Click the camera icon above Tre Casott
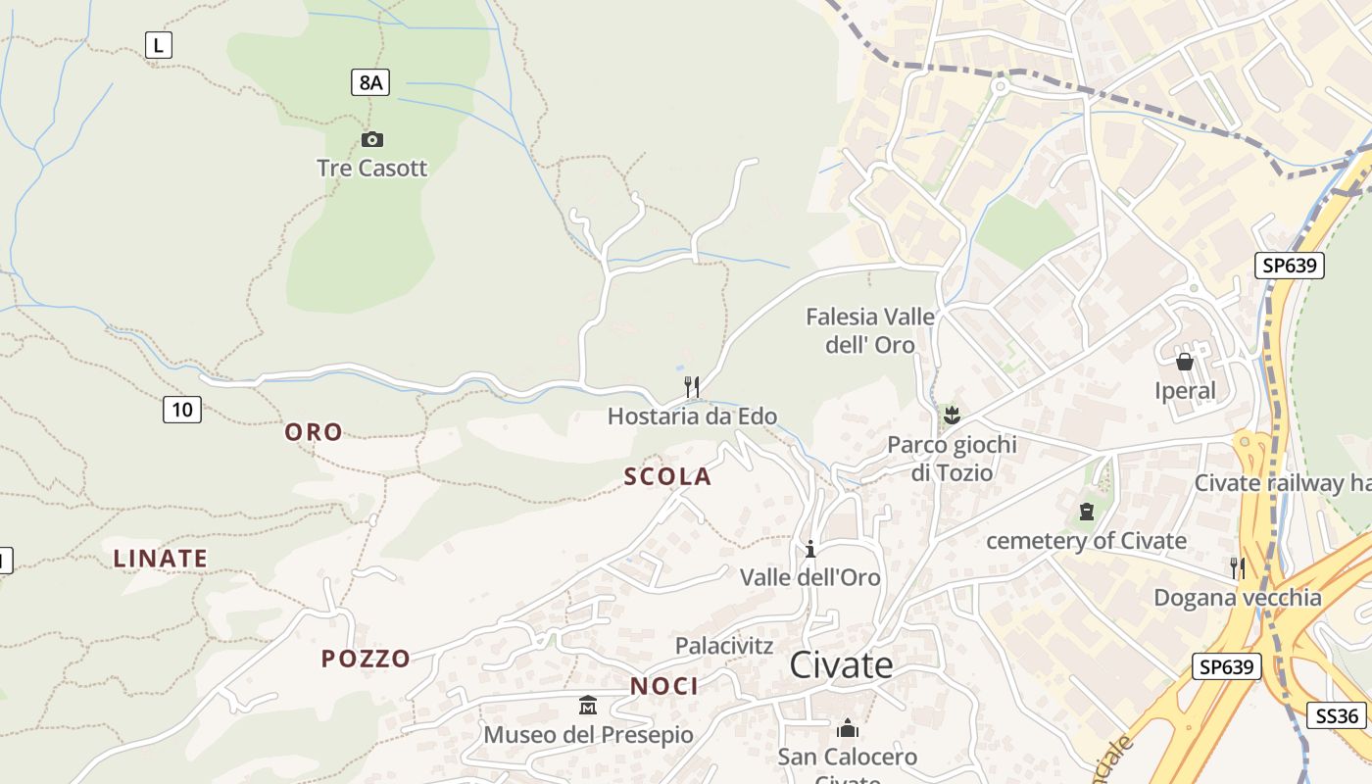click(372, 139)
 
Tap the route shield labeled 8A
click(370, 82)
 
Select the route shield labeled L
click(159, 44)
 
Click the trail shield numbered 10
click(182, 410)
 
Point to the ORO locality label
click(314, 432)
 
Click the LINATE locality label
click(161, 559)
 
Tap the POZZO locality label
click(366, 659)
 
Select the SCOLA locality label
click(667, 477)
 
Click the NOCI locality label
click(664, 686)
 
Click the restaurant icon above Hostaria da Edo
click(692, 386)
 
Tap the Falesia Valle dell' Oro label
click(870, 330)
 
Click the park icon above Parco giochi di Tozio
click(951, 415)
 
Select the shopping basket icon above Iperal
click(1185, 362)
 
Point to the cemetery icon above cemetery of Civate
click(1086, 511)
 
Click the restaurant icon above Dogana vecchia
click(1238, 567)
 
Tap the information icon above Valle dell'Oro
click(810, 549)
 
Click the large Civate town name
click(842, 664)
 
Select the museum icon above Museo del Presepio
click(588, 705)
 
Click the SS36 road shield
click(1337, 715)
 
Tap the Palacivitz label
click(724, 646)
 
